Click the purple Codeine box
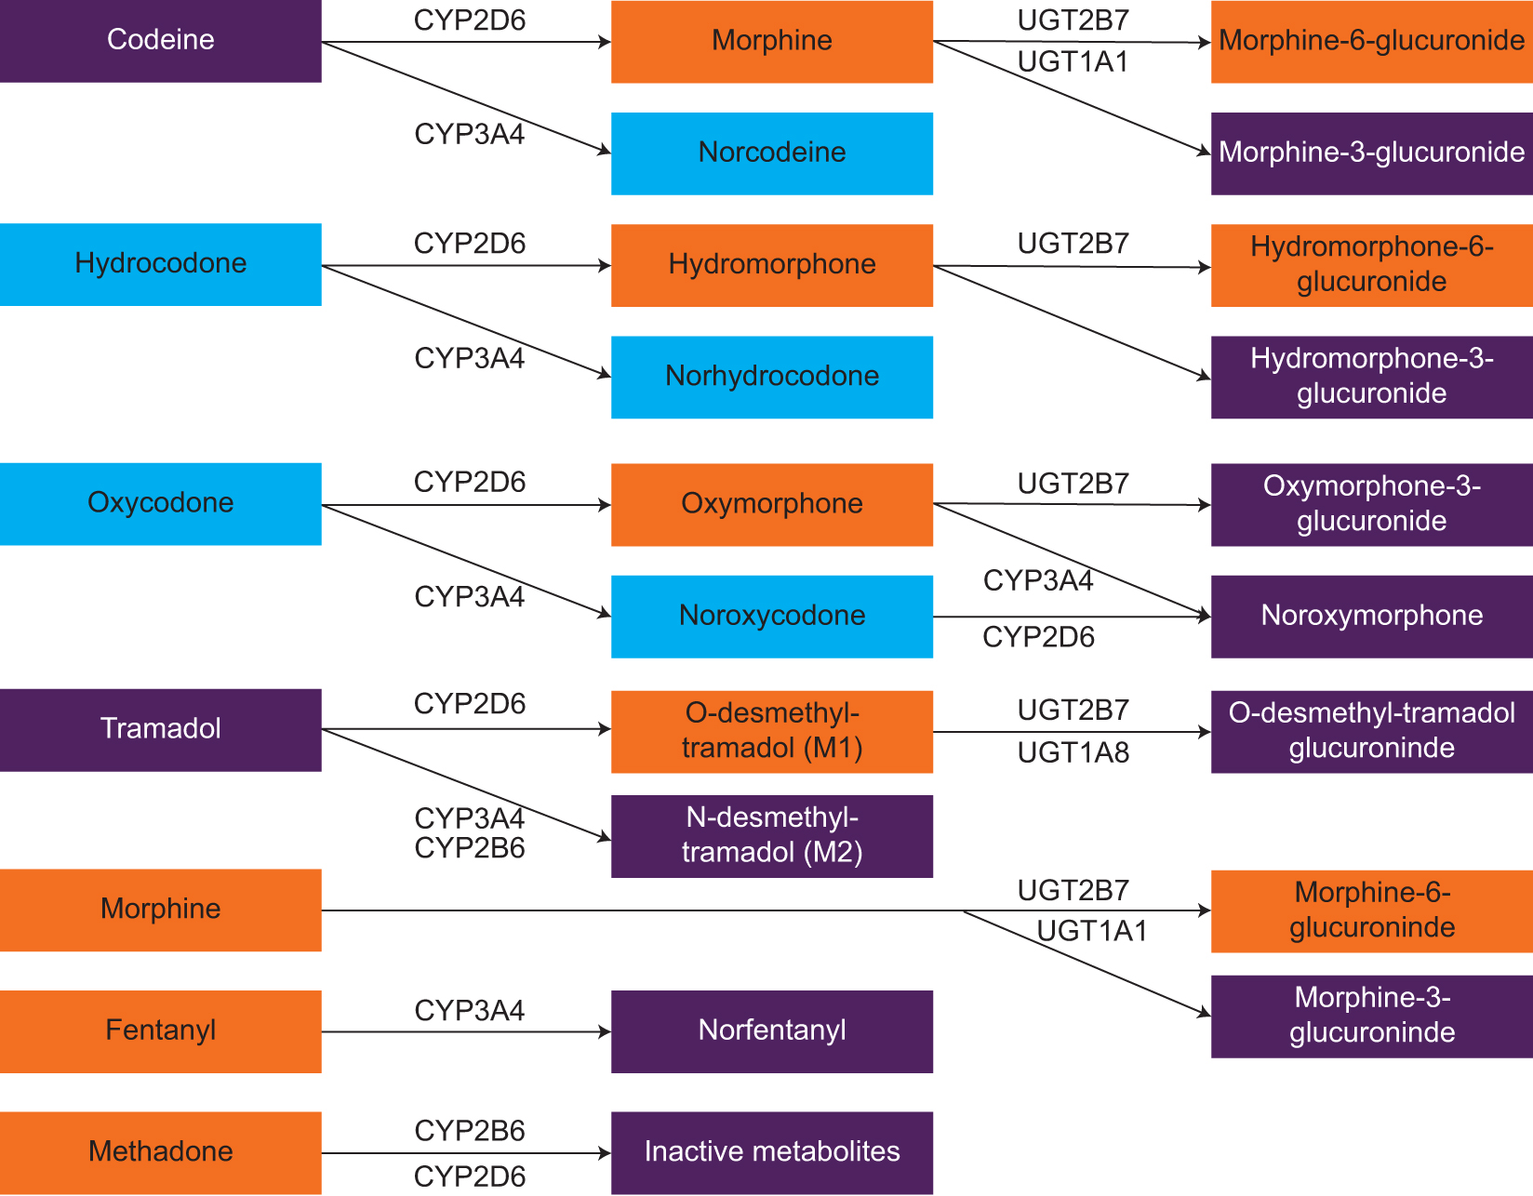coord(160,41)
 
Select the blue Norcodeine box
coord(771,153)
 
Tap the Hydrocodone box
coord(160,264)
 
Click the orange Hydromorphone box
coord(771,265)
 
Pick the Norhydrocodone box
coord(771,377)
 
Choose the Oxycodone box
coord(160,504)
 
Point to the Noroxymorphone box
coord(1371,617)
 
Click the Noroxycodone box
coord(771,617)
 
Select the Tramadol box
coord(160,730)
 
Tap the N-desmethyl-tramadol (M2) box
coord(771,836)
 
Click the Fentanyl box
coord(160,1031)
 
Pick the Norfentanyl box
coord(771,1031)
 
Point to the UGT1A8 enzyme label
coord(1073,752)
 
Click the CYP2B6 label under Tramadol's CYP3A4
coord(469,848)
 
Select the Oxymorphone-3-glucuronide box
coord(1371,504)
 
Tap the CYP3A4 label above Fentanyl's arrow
coord(469,1010)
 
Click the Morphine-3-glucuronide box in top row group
coord(1371,153)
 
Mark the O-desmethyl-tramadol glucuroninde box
coord(1371,731)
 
